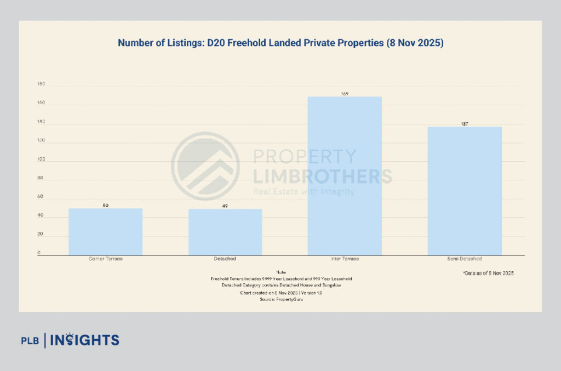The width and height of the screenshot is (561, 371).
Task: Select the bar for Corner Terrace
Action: (105, 232)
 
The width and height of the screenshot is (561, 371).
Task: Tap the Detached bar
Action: (225, 232)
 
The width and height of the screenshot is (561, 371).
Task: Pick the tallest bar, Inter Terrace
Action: (345, 176)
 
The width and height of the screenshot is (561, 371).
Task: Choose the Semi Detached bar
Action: (465, 191)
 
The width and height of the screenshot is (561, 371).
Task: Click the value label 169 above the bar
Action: (345, 94)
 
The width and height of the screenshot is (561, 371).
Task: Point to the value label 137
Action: (465, 124)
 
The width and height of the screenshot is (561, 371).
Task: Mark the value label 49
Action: (225, 206)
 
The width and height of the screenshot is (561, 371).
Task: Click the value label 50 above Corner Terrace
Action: (105, 206)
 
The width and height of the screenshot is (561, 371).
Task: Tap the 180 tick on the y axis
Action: (41, 85)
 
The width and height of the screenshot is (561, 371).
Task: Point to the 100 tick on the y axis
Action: (41, 160)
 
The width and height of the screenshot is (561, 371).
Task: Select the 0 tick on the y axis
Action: (39, 253)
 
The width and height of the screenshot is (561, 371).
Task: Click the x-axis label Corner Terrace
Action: (105, 259)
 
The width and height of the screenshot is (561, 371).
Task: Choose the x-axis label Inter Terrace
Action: (345, 259)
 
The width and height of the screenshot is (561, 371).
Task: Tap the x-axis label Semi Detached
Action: (465, 259)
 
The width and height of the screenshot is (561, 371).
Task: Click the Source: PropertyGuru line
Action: (282, 300)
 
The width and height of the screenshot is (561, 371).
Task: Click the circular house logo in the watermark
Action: (205, 165)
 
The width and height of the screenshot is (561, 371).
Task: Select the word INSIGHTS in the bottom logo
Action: (85, 340)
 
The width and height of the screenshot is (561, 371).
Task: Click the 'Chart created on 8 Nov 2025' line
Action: (282, 293)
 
